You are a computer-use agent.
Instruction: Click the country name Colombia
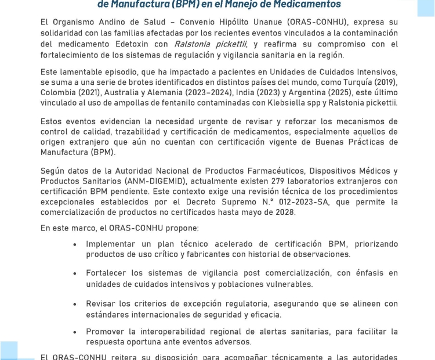(60, 93)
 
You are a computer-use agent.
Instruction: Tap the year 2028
(284, 213)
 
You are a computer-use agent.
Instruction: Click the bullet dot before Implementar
(75, 245)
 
